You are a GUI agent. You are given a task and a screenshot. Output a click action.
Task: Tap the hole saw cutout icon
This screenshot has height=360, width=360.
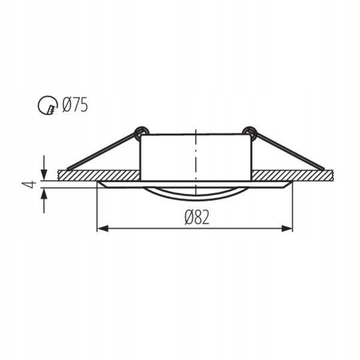click(x=46, y=106)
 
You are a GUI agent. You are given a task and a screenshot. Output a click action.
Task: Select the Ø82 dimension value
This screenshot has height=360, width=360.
click(x=196, y=217)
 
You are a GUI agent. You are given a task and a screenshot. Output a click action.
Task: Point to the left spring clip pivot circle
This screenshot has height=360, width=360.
click(x=141, y=131)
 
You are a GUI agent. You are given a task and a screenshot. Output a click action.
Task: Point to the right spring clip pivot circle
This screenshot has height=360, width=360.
click(x=249, y=131)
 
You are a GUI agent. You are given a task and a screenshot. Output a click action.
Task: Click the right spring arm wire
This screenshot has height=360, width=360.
click(x=288, y=150)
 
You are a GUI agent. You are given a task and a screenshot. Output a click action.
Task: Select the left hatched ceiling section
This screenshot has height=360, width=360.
click(x=99, y=175)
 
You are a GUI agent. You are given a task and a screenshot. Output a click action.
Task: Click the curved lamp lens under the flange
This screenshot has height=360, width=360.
click(x=196, y=193)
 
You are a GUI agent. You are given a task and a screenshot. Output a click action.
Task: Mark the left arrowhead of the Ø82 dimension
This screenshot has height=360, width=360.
click(x=102, y=228)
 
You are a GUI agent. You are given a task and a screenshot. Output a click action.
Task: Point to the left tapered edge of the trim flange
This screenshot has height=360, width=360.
click(x=101, y=184)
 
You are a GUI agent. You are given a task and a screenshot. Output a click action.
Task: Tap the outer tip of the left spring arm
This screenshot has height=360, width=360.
click(x=68, y=167)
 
